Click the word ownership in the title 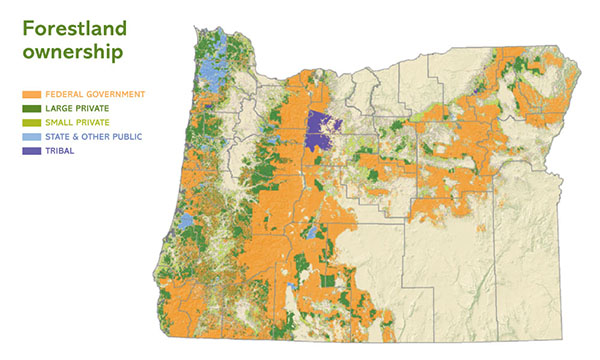[66, 51]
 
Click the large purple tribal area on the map [322, 131]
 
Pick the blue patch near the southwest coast [184, 218]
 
